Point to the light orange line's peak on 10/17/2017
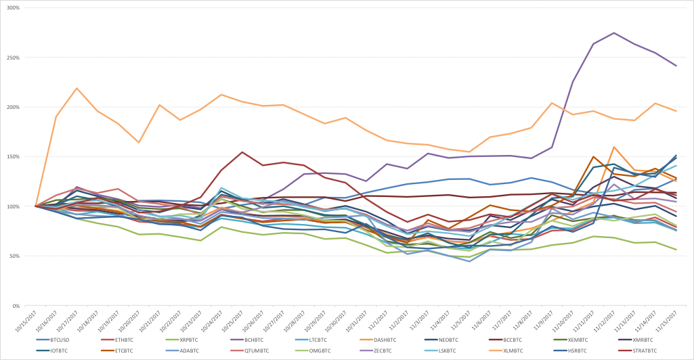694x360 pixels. (77, 88)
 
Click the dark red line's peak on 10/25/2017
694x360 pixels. (242, 152)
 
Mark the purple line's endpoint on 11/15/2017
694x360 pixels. (676, 66)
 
